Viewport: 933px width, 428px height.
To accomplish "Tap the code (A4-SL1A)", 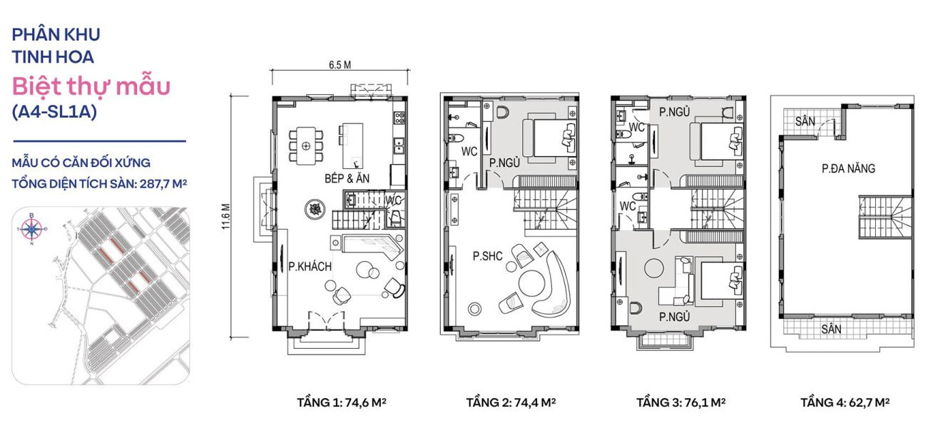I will pos(54,112).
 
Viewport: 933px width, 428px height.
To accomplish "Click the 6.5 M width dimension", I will pos(340,64).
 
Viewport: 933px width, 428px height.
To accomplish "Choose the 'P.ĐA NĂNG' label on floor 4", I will pos(848,169).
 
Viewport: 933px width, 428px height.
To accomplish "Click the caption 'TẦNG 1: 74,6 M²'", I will pos(342,402).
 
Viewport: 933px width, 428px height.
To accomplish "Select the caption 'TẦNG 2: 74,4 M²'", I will pos(511,402).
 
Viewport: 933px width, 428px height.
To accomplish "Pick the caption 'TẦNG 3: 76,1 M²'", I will pos(680,402).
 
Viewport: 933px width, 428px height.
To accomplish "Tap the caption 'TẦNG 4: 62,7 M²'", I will pos(845,402).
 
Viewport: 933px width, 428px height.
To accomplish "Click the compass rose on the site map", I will pos(31,229).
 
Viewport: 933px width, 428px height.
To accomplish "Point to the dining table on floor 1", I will pos(307,146).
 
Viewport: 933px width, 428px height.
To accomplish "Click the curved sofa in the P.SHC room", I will pos(550,285).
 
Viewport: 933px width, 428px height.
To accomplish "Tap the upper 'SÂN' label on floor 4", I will pos(805,122).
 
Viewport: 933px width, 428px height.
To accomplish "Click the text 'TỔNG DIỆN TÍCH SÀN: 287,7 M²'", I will pos(99,183).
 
